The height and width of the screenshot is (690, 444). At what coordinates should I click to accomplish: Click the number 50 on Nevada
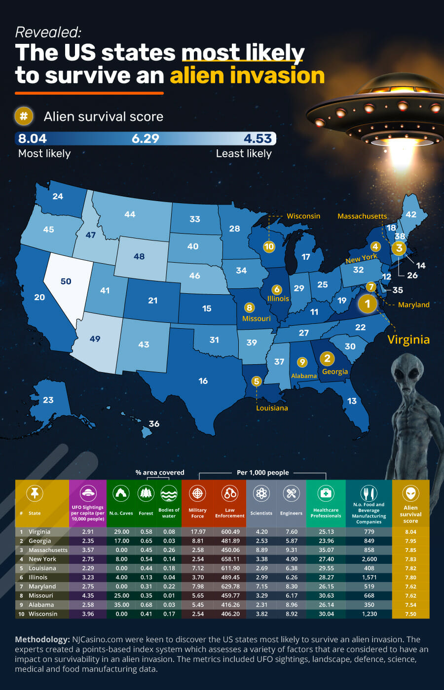point(66,281)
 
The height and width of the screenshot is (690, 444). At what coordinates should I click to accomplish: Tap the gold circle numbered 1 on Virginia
point(367,304)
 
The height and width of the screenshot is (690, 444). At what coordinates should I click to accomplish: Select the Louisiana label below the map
point(272,408)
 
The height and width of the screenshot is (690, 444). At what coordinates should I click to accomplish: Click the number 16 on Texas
point(203,381)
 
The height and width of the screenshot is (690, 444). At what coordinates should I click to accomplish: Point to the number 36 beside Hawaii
point(154,424)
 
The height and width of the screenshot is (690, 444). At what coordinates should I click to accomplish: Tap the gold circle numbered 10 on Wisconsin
point(269,246)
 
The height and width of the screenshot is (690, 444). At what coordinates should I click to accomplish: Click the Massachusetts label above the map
point(362,216)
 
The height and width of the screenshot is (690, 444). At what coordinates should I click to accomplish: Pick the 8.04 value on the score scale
point(32,138)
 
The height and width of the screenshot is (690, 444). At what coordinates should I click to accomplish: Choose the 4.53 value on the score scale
point(258,138)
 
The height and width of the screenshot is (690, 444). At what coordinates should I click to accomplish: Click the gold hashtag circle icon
point(24,116)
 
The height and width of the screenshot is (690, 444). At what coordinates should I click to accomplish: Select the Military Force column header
point(197,513)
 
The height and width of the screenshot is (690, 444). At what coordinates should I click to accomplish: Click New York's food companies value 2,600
point(369,559)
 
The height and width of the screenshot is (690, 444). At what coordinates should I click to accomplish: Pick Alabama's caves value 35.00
point(121,605)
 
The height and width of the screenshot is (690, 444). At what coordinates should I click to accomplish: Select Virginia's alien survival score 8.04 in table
point(410,532)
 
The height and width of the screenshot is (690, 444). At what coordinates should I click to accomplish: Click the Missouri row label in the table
point(41,595)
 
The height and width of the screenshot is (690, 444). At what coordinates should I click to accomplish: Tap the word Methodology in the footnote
point(42,639)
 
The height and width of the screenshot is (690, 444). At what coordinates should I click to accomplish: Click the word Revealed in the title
point(48,32)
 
